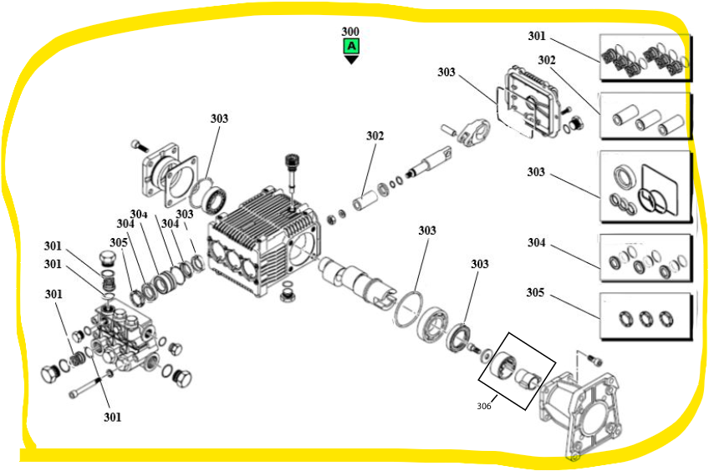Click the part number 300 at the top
(x=351, y=32)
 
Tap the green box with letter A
(x=351, y=46)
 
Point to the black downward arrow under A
(x=351, y=59)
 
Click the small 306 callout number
(x=483, y=406)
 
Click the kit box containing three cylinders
(x=645, y=116)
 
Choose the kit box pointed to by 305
(x=645, y=317)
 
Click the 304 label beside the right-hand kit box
(x=536, y=243)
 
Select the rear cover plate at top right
(x=529, y=104)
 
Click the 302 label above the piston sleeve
(x=375, y=135)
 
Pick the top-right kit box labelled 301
(x=645, y=58)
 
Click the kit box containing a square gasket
(x=645, y=187)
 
